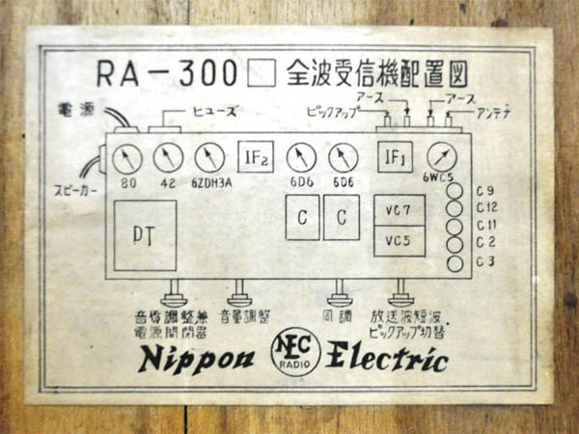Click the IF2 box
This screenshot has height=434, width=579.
coord(256,155)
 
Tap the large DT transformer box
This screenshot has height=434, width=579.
coord(145,235)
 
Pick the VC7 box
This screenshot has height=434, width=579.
coord(399,209)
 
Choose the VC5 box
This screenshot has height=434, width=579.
coord(399,240)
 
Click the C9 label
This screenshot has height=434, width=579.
coord(485,190)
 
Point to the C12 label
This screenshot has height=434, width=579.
coord(487,207)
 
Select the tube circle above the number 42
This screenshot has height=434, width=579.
coord(167,156)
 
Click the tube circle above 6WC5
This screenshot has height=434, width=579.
coord(441,155)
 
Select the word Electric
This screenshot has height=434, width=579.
coord(388,359)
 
